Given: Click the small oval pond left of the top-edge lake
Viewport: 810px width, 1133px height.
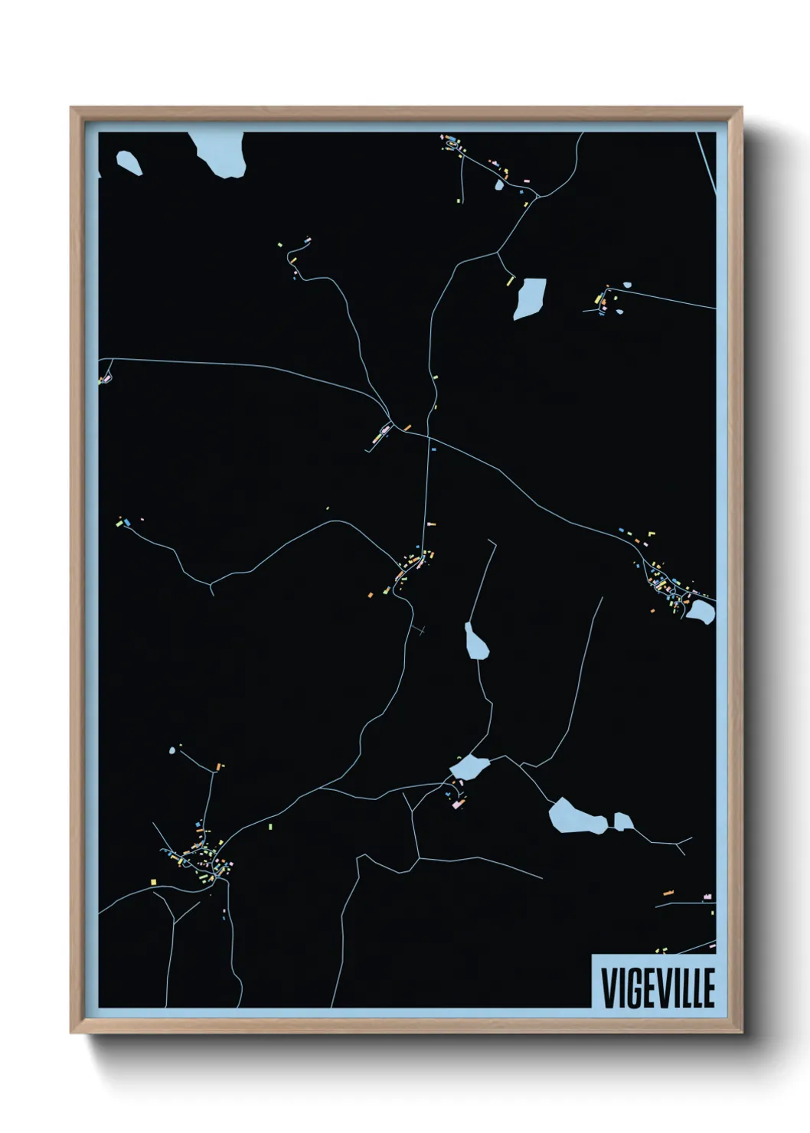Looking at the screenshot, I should click(129, 162).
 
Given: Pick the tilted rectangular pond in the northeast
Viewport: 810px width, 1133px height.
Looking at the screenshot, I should click(529, 298).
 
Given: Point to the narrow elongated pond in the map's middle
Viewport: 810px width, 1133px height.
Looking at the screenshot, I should click(476, 641).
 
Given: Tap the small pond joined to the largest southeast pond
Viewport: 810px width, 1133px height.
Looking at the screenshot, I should click(623, 822).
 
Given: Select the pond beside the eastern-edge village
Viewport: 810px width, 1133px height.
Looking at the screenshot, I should click(699, 611).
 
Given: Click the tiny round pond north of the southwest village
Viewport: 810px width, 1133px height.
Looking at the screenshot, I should click(172, 751).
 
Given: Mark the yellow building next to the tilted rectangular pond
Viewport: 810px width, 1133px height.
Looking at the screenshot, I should click(510, 281).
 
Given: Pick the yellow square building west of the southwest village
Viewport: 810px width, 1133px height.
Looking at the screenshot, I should click(153, 882).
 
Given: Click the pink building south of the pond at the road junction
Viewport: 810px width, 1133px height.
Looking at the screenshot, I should click(459, 805).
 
